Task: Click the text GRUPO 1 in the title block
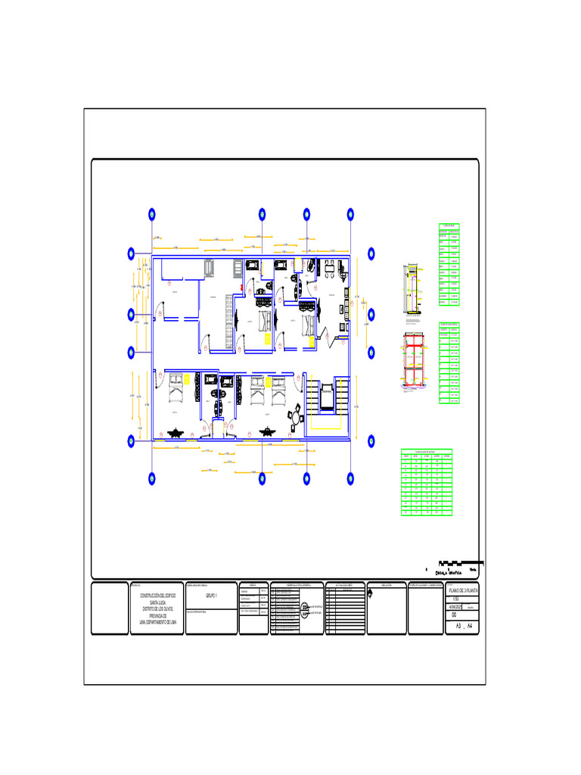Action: tap(211, 596)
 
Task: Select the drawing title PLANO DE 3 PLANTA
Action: tap(462, 589)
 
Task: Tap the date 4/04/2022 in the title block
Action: tap(458, 606)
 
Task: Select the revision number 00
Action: tap(454, 615)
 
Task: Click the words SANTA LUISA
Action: tap(158, 602)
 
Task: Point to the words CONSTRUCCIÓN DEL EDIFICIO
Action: tap(158, 596)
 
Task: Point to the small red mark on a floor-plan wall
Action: tap(241, 288)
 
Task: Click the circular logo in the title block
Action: tap(304, 608)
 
